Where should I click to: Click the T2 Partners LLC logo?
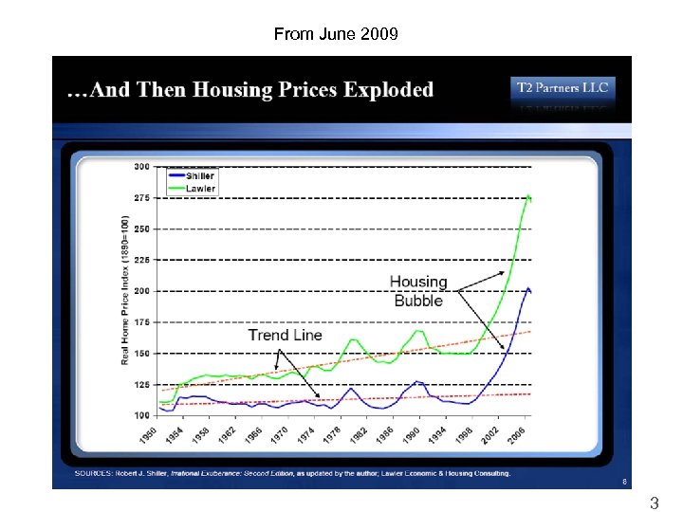[x=563, y=89]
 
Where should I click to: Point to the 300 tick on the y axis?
[x=141, y=166]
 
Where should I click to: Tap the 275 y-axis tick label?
[x=141, y=197]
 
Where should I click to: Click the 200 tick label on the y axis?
[x=141, y=290]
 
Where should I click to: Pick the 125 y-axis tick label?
[x=141, y=384]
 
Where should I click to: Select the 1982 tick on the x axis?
[x=357, y=436]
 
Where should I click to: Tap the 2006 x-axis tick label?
[x=516, y=436]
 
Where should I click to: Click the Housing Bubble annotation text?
[x=418, y=291]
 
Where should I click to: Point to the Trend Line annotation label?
[x=285, y=335]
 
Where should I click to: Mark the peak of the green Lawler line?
[x=527, y=194]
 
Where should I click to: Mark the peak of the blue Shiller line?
[x=528, y=287]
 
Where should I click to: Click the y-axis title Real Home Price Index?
[x=124, y=289]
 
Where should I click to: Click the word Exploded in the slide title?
[x=389, y=90]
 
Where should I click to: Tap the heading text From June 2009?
[x=337, y=34]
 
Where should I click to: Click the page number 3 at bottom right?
[x=654, y=503]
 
